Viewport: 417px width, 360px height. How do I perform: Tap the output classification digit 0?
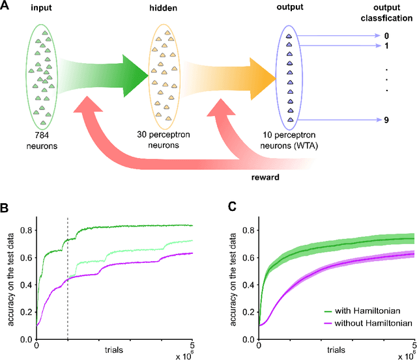(x=387, y=36)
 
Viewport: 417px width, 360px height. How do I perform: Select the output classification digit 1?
(x=387, y=46)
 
